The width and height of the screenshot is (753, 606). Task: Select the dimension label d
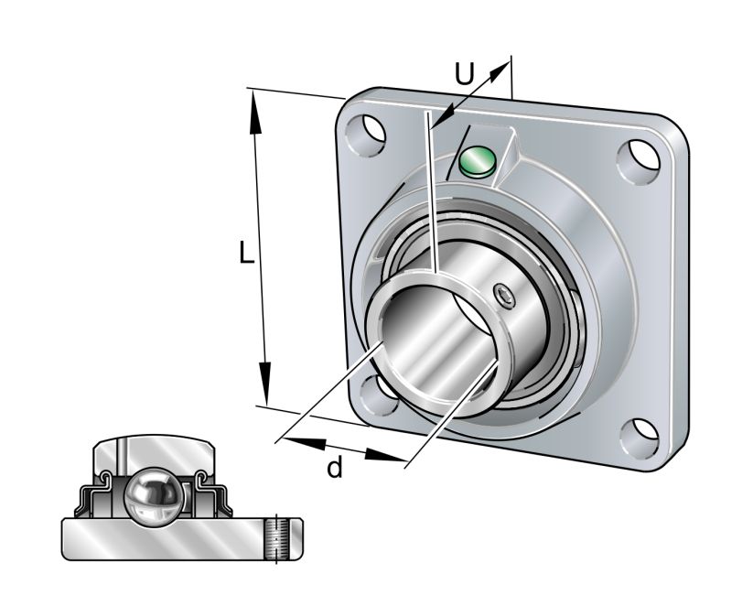[336, 469]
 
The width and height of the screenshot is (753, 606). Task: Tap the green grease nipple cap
[477, 161]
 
